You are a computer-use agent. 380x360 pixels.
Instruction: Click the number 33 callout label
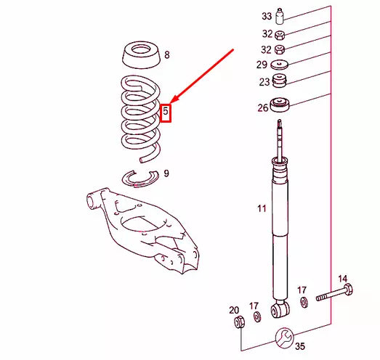click(267, 16)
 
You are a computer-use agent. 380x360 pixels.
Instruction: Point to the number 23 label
click(264, 82)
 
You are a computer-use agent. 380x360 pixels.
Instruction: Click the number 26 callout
click(262, 108)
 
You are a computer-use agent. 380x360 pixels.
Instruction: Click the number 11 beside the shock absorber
click(262, 210)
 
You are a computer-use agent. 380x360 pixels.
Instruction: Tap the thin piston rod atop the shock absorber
click(280, 138)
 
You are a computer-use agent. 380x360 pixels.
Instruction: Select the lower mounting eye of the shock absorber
click(280, 311)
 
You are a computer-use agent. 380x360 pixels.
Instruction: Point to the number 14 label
click(343, 279)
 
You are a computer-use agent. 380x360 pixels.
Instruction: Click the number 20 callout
click(234, 309)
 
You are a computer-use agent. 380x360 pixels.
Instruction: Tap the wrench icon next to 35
click(284, 337)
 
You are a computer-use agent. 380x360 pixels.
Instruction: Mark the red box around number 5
click(166, 112)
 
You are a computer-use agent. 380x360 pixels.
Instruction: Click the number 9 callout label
click(166, 173)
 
